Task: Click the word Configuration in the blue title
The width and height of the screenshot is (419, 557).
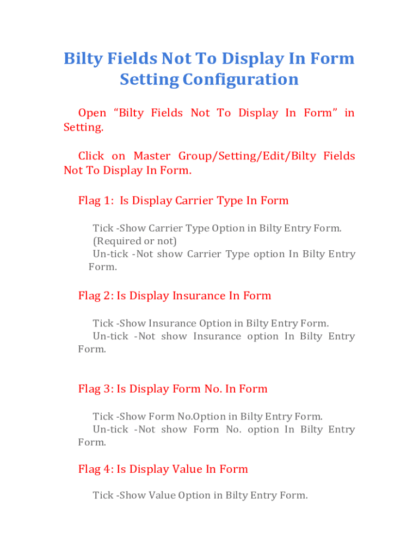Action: pos(241,79)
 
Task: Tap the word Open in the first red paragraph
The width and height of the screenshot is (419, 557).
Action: pos(92,113)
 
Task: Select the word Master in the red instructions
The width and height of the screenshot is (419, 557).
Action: pos(152,156)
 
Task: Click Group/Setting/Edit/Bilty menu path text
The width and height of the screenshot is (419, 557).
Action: pos(247,156)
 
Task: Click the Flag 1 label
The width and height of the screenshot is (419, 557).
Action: pos(96,201)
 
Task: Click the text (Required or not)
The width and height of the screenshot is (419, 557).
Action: pos(135,241)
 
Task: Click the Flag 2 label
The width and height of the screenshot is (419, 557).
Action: pos(96,296)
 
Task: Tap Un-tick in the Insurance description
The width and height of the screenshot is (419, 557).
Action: pos(110,336)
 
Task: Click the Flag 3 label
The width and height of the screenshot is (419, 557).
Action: pos(96,389)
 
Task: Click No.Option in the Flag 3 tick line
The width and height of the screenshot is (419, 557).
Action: pos(201,417)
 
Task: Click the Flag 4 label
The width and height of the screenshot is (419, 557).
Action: pos(96,469)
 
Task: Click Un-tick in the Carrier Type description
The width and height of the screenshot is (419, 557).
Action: pos(110,255)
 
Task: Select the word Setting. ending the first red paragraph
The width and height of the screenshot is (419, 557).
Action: pos(83,127)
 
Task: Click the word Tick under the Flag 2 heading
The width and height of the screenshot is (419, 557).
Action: pos(103,324)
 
